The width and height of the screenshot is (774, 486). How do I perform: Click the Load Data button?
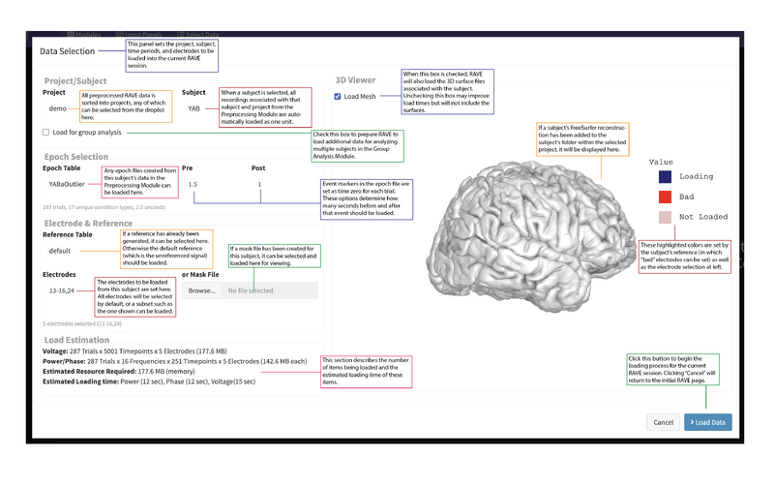click(x=707, y=422)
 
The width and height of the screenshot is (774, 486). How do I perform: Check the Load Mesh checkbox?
click(x=337, y=97)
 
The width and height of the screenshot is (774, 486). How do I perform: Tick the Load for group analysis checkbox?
click(x=45, y=133)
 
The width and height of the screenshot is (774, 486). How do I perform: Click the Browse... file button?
click(x=202, y=290)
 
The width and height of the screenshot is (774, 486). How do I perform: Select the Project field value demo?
click(x=58, y=109)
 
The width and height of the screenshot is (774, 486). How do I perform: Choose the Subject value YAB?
click(x=193, y=109)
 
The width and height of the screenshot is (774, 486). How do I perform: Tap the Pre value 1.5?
click(x=193, y=184)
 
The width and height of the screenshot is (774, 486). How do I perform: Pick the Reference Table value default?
click(x=61, y=250)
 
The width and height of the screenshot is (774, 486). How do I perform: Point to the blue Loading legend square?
click(x=665, y=177)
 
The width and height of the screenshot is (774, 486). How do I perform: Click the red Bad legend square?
click(x=665, y=197)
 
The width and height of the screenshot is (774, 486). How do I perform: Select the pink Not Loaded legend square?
click(x=665, y=217)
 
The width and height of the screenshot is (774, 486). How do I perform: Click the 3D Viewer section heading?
click(x=355, y=80)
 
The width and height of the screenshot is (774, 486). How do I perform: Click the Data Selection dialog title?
click(x=68, y=51)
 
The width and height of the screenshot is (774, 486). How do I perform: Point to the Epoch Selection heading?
click(x=76, y=157)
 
